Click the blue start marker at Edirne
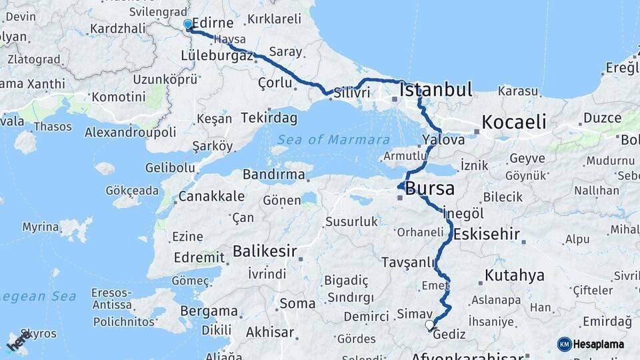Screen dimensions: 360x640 click(x=188, y=25)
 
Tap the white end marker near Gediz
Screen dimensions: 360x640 click(x=429, y=325)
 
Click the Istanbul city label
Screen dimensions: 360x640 click(x=436, y=90)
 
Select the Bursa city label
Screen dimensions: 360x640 click(x=429, y=188)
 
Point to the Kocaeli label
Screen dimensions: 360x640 click(x=513, y=122)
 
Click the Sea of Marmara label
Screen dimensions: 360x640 click(x=333, y=139)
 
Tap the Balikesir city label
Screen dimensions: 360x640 click(x=264, y=251)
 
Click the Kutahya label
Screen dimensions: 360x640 click(x=515, y=275)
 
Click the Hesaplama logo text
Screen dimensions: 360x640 click(x=599, y=344)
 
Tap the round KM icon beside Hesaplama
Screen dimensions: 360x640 click(x=564, y=344)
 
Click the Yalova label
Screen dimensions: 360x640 click(x=443, y=140)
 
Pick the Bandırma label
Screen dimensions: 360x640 click(x=274, y=175)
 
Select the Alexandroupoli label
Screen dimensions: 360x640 click(x=130, y=132)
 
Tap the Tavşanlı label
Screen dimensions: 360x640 click(x=409, y=262)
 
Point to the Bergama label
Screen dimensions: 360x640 click(x=209, y=311)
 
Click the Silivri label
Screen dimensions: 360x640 click(x=352, y=93)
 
